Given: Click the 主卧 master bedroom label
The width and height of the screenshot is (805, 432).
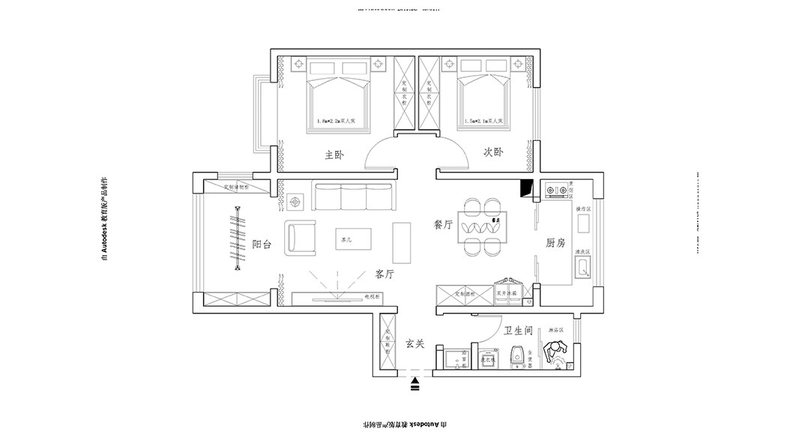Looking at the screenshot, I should coord(334,155).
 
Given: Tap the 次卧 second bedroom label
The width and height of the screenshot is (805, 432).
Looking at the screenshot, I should coord(492,151).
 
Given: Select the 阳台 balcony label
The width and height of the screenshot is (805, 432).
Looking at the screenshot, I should coord(262,244).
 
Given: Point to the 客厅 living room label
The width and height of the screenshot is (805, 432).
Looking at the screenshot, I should coord(385,274).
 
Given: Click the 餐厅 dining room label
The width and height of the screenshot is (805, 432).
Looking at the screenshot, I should coord(443,224).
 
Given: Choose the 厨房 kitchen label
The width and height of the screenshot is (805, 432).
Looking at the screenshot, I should coord(555,243).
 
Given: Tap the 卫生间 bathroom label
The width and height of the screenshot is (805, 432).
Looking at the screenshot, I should coord(518,331).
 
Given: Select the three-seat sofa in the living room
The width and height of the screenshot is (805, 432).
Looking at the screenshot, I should coord(354,196).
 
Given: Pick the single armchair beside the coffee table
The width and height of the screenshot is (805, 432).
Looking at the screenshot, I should coord(301,238).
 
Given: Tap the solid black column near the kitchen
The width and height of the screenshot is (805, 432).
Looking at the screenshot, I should coord(526,188).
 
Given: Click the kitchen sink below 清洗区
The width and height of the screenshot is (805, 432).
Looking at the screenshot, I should coord(583,268).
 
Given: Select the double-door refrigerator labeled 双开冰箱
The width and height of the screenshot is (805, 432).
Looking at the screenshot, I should coord(507,295).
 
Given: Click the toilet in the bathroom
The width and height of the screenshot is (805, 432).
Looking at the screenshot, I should coord(516,358).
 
